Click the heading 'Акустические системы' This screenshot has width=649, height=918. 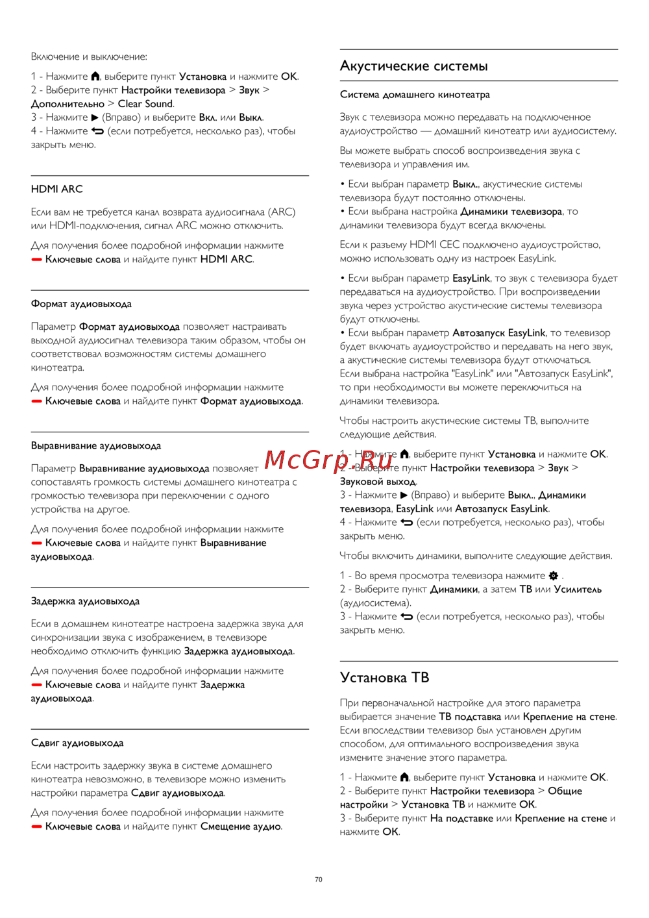(x=413, y=66)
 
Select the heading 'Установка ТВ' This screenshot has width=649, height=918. (x=384, y=677)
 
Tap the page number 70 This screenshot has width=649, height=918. (x=318, y=879)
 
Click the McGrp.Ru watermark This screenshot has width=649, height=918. (x=329, y=460)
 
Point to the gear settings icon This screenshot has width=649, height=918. (x=553, y=576)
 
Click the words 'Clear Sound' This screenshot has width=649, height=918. (x=145, y=104)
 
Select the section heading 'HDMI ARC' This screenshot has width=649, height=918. (x=57, y=189)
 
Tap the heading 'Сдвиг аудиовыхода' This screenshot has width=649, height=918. (x=77, y=743)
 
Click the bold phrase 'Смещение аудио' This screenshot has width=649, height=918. (x=241, y=826)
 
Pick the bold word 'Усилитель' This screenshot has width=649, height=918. (x=578, y=589)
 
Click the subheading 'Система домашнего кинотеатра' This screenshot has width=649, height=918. (x=415, y=95)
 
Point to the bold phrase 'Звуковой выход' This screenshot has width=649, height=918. (x=378, y=482)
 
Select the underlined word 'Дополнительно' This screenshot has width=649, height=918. (x=67, y=104)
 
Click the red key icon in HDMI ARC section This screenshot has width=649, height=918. (x=36, y=260)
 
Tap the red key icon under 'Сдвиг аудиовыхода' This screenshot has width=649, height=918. (x=36, y=826)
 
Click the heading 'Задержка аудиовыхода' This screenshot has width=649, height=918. (x=85, y=601)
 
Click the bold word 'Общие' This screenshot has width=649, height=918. (x=565, y=791)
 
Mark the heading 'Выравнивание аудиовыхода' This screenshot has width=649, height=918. (x=96, y=446)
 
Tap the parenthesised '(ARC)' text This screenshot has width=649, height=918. (x=282, y=212)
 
